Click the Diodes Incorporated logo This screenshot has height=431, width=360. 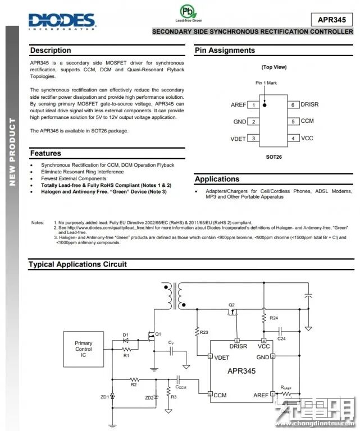[62, 21]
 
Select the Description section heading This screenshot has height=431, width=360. [51, 51]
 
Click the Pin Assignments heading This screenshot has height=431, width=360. [225, 51]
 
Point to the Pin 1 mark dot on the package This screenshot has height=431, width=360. [266, 104]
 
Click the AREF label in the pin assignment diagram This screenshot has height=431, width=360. [238, 105]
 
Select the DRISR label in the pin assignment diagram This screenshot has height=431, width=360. [309, 104]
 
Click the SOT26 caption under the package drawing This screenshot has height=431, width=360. [274, 157]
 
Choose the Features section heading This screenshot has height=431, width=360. [45, 153]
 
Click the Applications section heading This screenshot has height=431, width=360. [217, 179]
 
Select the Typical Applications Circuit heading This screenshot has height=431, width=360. [78, 264]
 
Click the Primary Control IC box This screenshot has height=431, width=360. [84, 349]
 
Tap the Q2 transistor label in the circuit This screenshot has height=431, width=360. [231, 305]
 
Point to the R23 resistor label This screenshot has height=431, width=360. [204, 332]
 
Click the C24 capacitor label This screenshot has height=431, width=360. [281, 338]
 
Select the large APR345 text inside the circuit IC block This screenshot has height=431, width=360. [241, 371]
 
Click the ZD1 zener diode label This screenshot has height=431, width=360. [104, 397]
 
